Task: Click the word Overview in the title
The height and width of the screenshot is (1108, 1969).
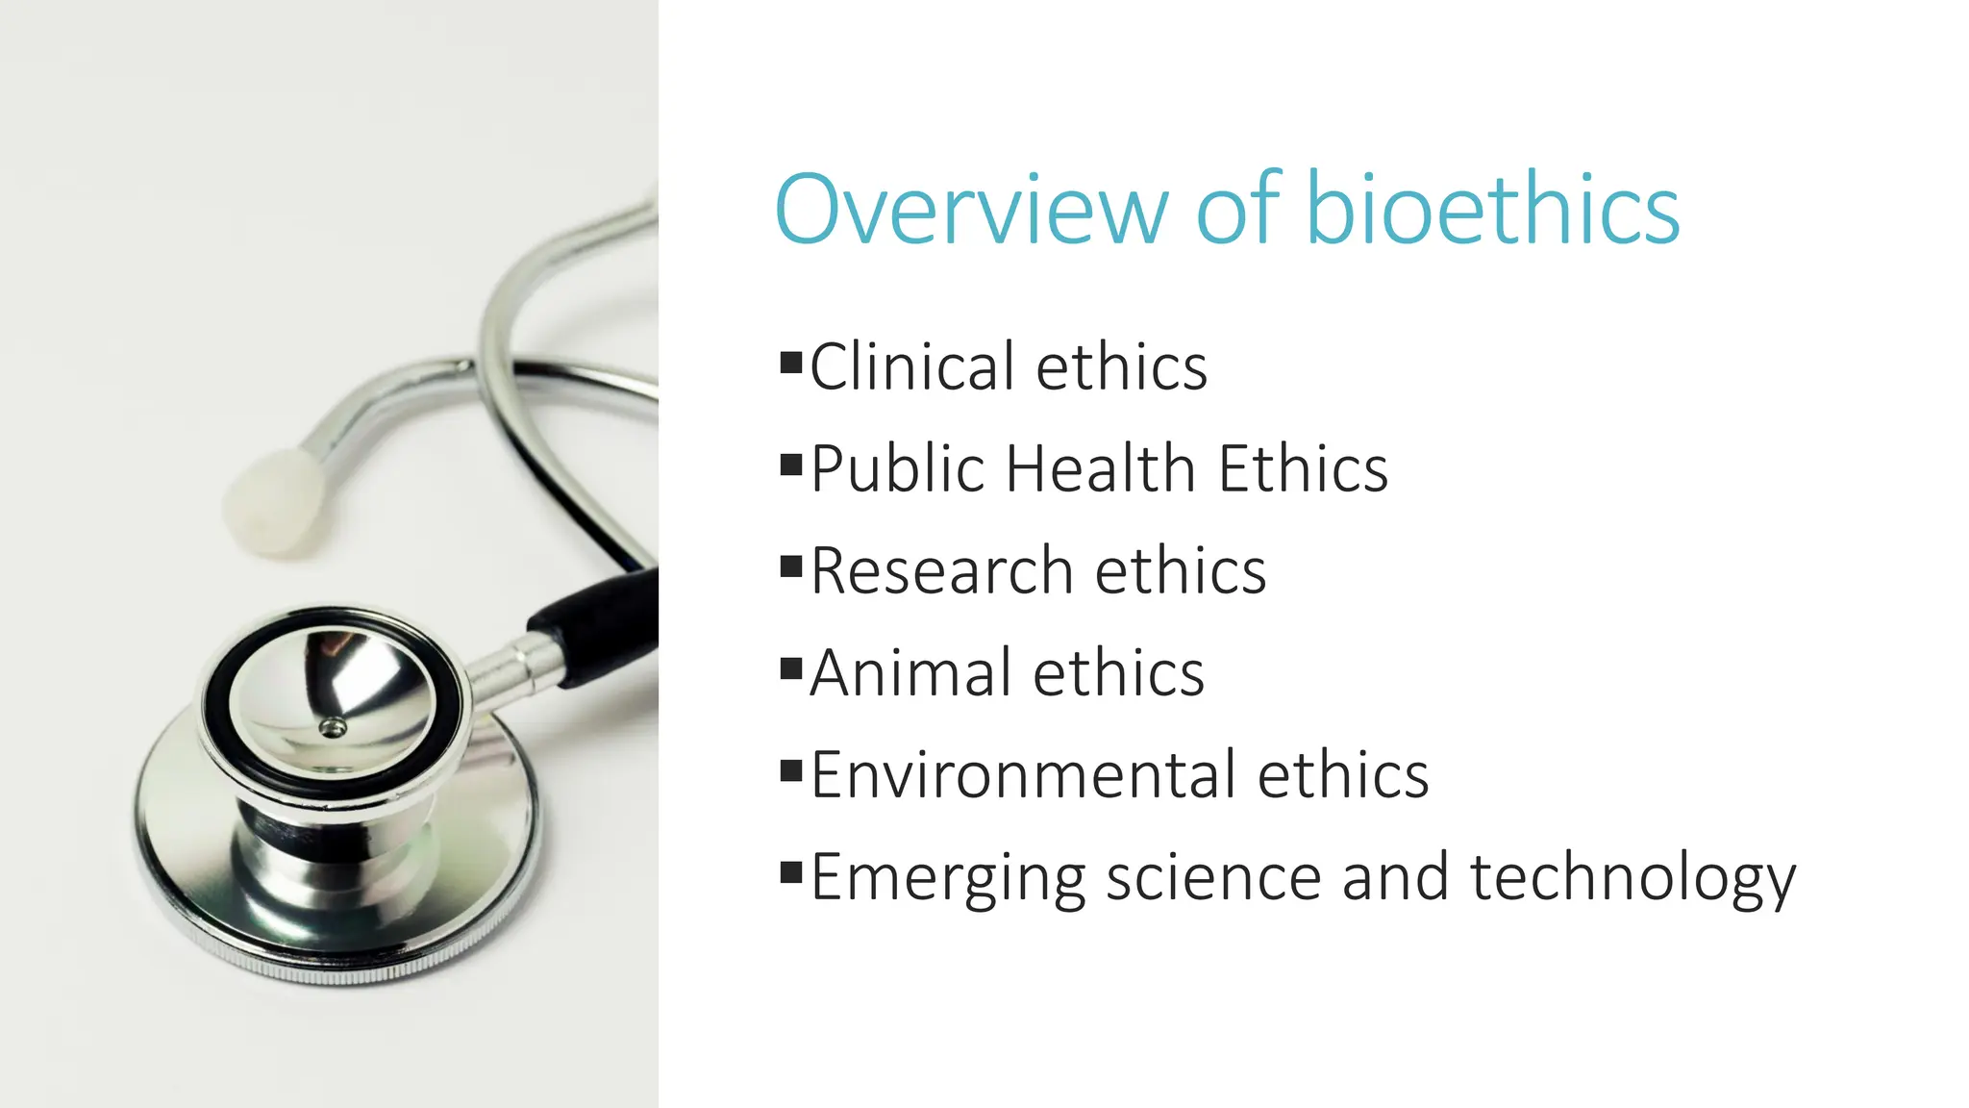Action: pos(971,209)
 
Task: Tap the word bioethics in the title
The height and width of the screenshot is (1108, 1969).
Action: pos(1492,209)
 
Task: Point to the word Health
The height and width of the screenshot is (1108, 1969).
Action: pos(1100,469)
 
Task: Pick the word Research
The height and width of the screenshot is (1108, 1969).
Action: pos(941,571)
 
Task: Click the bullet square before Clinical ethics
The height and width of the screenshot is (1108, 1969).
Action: pos(791,363)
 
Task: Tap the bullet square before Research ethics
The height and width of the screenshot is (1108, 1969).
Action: pos(791,566)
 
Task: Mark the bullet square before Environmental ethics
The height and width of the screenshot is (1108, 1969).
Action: pos(791,769)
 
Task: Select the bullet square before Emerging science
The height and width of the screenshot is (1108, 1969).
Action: pos(791,872)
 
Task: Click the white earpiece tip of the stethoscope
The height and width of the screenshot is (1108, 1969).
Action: pos(275,503)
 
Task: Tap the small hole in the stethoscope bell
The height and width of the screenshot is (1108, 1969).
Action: pos(334,727)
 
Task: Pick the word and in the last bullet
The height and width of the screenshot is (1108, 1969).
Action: pos(1395,877)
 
